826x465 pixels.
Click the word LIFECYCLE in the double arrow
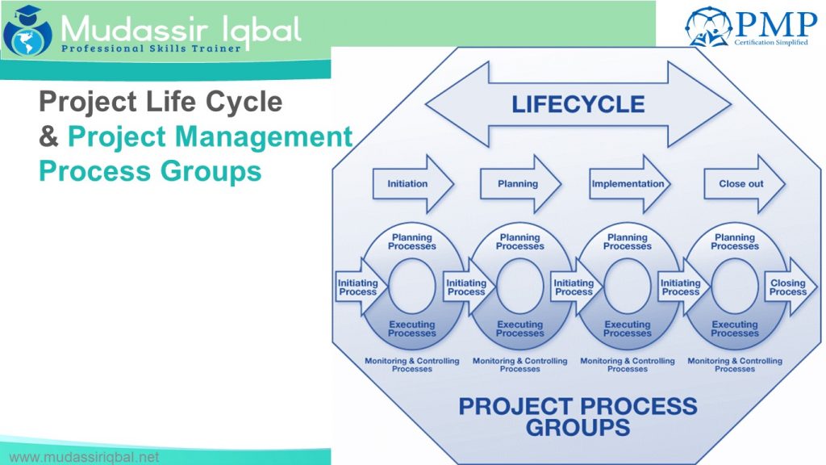tap(578, 104)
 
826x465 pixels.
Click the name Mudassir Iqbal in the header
tap(181, 30)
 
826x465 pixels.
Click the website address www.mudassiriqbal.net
tap(84, 457)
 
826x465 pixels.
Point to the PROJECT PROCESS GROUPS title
tap(578, 415)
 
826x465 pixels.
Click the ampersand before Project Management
tap(48, 137)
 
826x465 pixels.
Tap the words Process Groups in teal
tap(150, 171)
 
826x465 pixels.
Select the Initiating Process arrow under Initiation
tap(357, 287)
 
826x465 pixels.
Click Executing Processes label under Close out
tap(734, 329)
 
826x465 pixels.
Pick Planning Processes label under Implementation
tap(627, 241)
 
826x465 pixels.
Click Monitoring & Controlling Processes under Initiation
tap(411, 365)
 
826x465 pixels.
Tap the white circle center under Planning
tap(519, 287)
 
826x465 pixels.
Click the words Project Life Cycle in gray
tap(161, 103)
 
